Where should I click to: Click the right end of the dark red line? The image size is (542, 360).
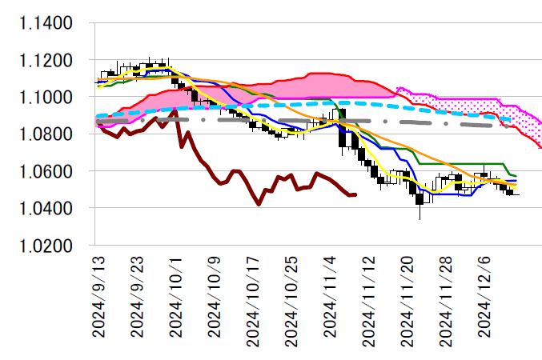pyautogui.click(x=355, y=194)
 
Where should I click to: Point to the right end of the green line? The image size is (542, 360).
pyautogui.click(x=516, y=175)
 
